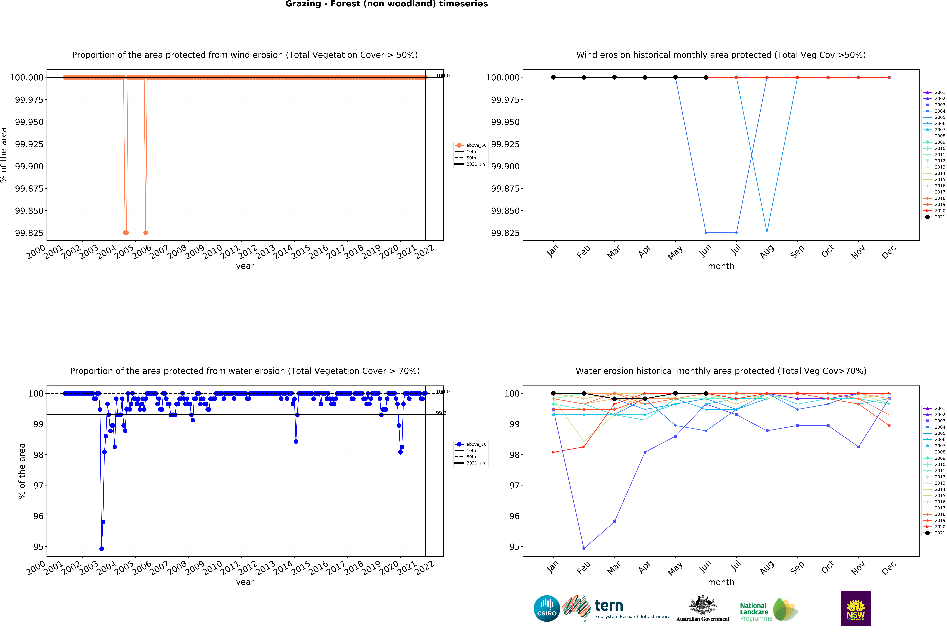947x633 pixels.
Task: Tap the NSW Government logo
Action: tap(855, 608)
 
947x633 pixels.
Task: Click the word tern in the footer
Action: tap(609, 606)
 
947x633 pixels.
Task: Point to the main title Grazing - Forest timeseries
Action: tap(386, 4)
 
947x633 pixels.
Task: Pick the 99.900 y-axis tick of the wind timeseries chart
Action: tap(29, 166)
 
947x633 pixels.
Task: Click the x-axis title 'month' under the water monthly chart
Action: tap(721, 582)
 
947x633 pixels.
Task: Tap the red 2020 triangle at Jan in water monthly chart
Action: tap(553, 452)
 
